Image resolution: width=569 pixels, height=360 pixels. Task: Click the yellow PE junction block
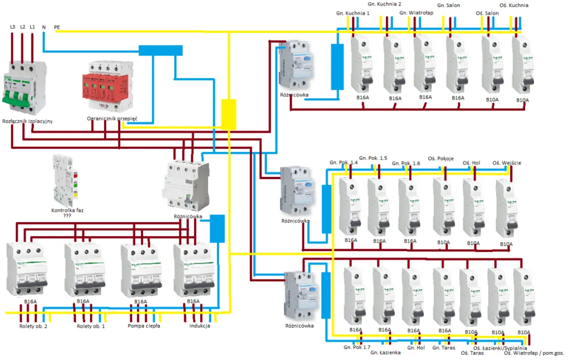(228, 114)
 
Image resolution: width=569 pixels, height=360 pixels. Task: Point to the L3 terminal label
(12, 27)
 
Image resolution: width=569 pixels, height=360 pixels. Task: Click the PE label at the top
(57, 27)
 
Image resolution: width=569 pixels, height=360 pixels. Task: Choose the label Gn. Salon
(449, 5)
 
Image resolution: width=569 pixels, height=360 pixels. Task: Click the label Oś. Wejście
(507, 163)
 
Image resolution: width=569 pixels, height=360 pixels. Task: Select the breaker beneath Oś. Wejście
(507, 209)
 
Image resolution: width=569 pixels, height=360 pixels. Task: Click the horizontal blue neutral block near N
(160, 50)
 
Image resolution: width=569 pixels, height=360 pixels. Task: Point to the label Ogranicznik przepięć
(112, 119)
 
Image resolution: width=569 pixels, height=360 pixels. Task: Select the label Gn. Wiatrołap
(416, 13)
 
